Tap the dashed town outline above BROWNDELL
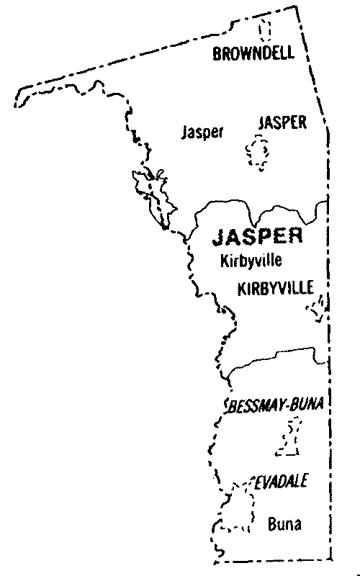coord(266,30)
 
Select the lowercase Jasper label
coord(203,132)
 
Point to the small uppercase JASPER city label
coord(282,123)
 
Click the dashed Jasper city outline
coord(257,153)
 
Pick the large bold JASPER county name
coord(256,237)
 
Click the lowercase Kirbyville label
coord(250,260)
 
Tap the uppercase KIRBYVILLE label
coord(276,289)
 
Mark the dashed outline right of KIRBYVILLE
coord(317,307)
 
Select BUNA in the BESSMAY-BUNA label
coord(306,406)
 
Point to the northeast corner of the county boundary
coord(295,7)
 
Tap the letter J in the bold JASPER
coord(217,237)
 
